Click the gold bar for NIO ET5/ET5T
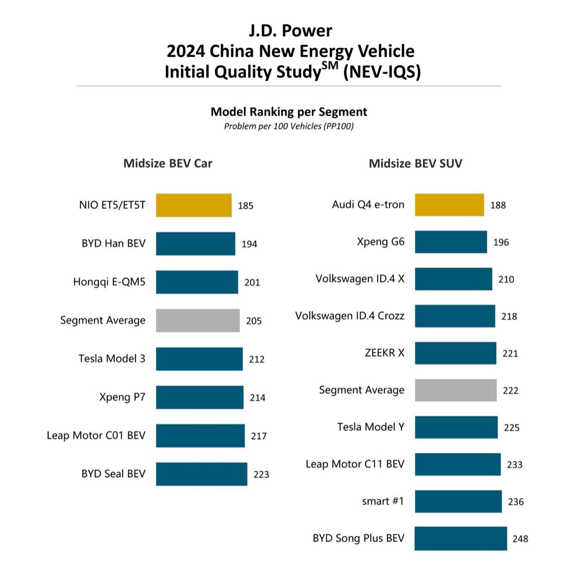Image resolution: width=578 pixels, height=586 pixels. click(194, 205)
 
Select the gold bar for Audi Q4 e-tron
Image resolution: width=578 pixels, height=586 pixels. click(449, 205)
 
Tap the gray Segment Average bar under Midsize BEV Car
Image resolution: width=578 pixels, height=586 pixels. click(198, 320)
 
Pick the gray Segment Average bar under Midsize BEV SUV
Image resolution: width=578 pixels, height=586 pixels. click(456, 390)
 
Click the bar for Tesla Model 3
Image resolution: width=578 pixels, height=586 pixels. click(199, 359)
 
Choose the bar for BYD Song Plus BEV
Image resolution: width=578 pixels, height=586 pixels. click(460, 538)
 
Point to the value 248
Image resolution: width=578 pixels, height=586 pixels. click(520, 539)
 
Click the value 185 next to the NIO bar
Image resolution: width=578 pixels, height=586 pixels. click(246, 206)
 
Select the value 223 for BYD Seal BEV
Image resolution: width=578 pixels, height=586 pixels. click(261, 475)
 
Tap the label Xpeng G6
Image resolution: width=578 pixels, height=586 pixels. click(380, 242)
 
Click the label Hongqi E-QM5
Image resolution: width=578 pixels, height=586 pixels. click(109, 282)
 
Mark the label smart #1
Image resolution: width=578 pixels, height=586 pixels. click(383, 501)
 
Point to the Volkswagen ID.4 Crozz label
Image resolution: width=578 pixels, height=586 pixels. click(349, 316)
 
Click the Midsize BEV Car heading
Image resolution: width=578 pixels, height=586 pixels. click(167, 163)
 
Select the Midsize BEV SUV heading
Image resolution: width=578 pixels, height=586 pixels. click(415, 164)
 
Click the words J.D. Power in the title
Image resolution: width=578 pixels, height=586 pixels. click(290, 31)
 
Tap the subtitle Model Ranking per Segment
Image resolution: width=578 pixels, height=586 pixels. click(289, 112)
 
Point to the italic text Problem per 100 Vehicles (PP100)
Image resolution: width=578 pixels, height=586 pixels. click(289, 126)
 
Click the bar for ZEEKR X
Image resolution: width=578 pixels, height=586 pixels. click(455, 353)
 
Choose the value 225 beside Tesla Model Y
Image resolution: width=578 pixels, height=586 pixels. click(511, 427)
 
